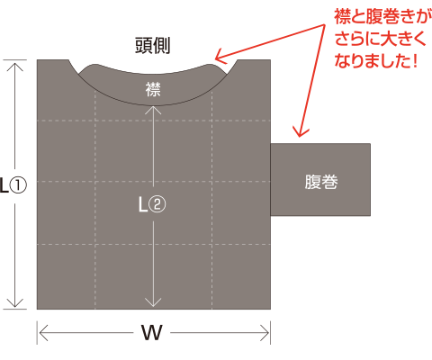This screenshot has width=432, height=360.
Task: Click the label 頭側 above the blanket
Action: click(x=152, y=45)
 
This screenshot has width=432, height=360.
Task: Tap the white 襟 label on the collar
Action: click(x=153, y=89)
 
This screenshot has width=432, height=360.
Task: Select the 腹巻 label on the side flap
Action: click(x=321, y=182)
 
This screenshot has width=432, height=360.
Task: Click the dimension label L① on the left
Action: click(x=13, y=185)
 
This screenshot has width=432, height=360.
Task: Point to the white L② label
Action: click(x=152, y=204)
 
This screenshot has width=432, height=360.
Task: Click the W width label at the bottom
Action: click(x=152, y=332)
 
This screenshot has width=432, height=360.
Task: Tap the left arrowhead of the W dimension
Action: click(x=44, y=333)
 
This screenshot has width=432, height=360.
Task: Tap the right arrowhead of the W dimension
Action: click(x=265, y=333)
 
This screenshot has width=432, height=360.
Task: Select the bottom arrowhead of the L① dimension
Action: click(x=14, y=303)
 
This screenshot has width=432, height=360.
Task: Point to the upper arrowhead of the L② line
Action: click(x=153, y=110)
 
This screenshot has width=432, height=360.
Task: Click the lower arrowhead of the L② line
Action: click(x=153, y=302)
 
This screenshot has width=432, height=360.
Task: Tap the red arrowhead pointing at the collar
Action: click(x=220, y=56)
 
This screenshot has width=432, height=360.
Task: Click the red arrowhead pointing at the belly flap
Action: click(x=301, y=132)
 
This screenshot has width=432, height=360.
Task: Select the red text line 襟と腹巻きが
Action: click(x=382, y=17)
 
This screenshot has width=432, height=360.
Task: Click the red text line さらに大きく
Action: click(x=381, y=39)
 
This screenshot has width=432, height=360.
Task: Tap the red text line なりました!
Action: click(x=376, y=60)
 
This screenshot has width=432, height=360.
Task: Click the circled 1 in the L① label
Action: click(x=18, y=185)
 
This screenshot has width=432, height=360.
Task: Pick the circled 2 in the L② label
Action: click(x=157, y=204)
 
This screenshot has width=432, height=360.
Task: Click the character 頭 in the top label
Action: click(x=143, y=45)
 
